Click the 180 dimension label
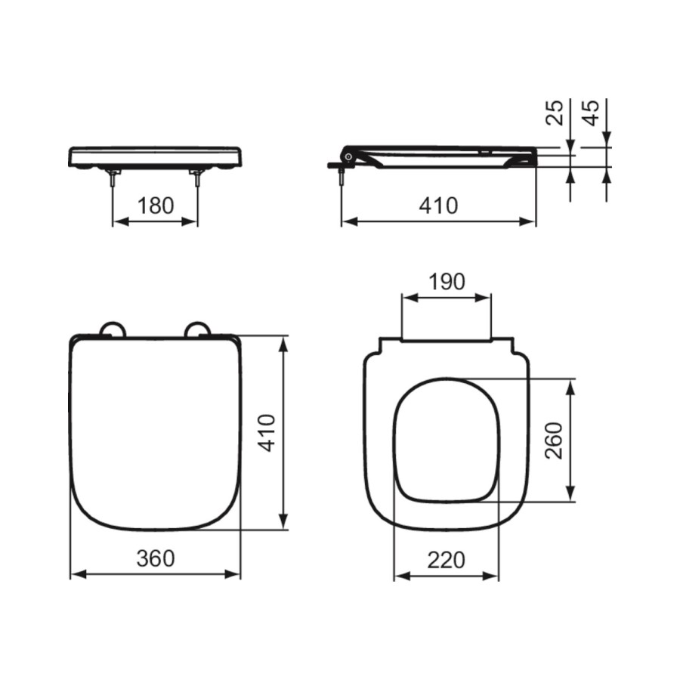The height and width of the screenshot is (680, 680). [x=156, y=205]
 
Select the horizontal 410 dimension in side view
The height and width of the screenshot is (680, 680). [x=438, y=205]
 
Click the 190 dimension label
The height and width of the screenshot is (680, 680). [x=447, y=281]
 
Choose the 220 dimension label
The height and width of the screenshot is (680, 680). [x=446, y=560]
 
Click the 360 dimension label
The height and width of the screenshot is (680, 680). [x=155, y=558]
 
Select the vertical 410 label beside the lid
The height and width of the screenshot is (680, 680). [x=267, y=432]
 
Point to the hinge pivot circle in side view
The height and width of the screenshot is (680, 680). [x=348, y=156]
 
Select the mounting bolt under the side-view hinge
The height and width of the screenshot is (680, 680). [x=342, y=176]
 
